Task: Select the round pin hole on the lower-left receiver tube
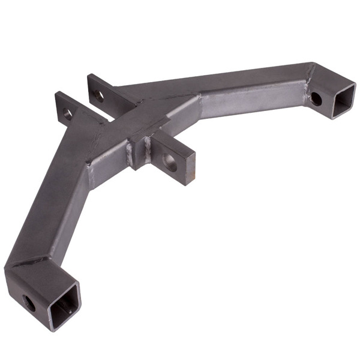click(29, 299)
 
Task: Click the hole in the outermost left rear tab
click(68, 113)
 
